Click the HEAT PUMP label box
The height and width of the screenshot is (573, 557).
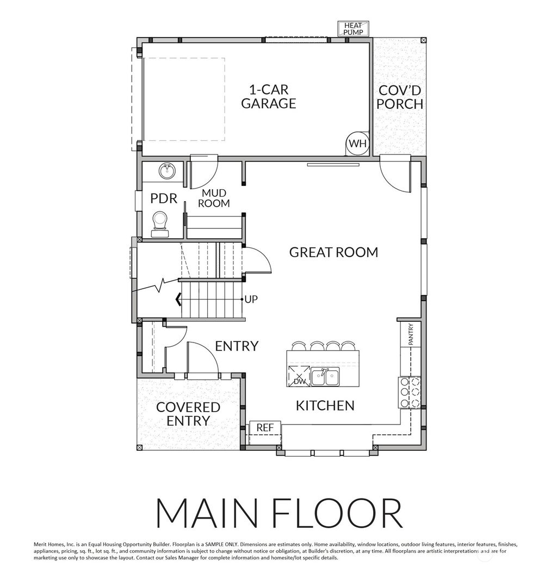[353, 29]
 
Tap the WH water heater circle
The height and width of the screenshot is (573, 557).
[357, 144]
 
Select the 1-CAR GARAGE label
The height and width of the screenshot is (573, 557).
[268, 96]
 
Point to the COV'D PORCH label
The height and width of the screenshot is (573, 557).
[400, 97]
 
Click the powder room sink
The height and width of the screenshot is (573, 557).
[167, 171]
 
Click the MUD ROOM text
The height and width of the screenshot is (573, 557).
[213, 198]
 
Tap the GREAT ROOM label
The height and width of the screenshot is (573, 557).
[333, 252]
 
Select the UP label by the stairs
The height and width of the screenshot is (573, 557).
[251, 299]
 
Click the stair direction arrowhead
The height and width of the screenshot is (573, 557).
[178, 299]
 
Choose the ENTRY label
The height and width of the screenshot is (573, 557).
[236, 346]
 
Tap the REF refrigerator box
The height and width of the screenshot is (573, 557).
[265, 428]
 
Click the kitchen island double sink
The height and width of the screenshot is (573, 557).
[325, 376]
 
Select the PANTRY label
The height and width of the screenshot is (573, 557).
[411, 334]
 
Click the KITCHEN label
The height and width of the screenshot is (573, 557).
[325, 405]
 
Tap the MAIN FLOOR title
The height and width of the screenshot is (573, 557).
[278, 512]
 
